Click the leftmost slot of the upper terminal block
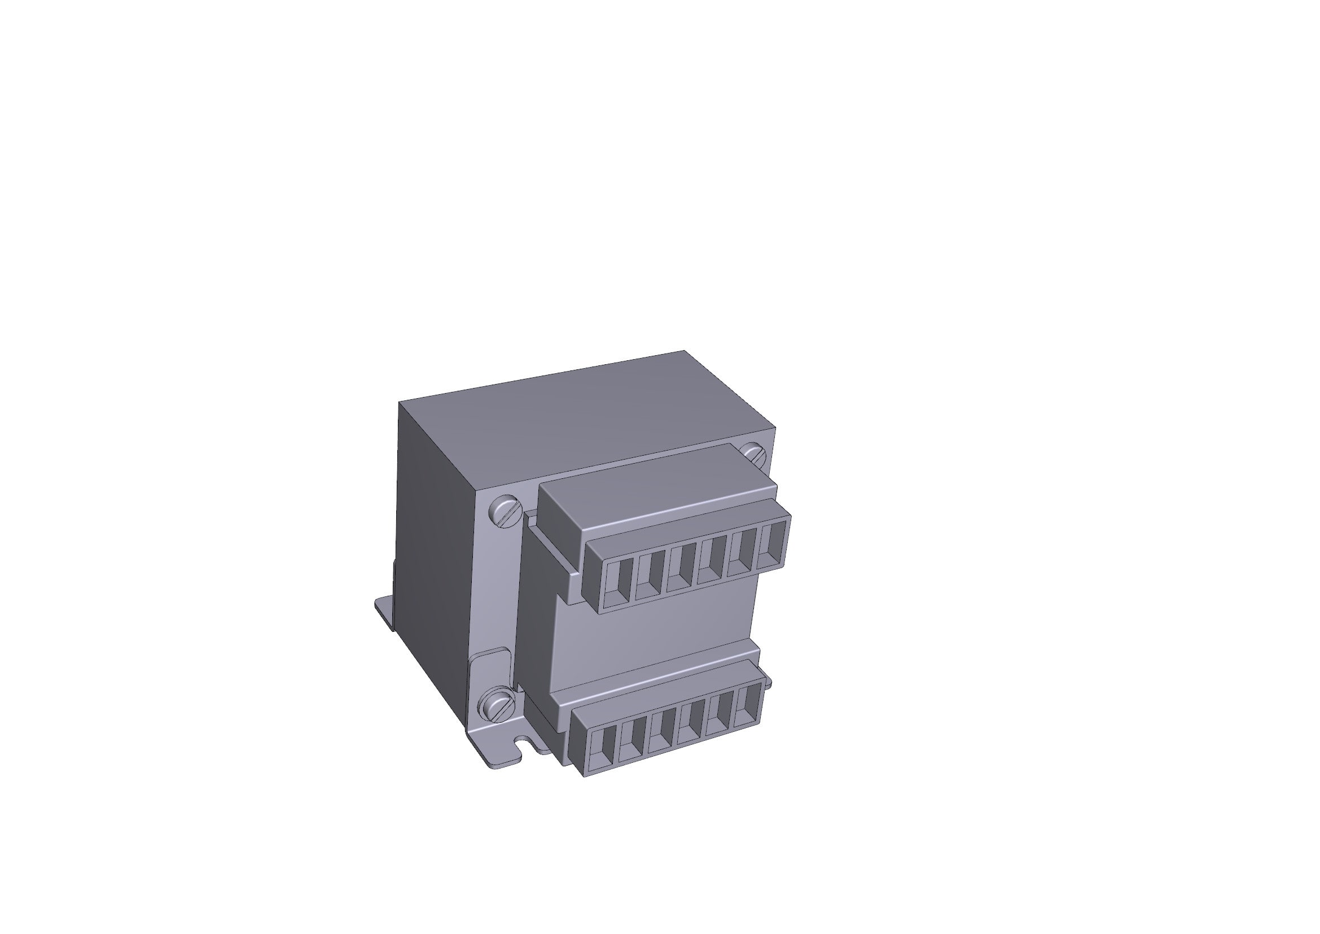pyautogui.click(x=619, y=582)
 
